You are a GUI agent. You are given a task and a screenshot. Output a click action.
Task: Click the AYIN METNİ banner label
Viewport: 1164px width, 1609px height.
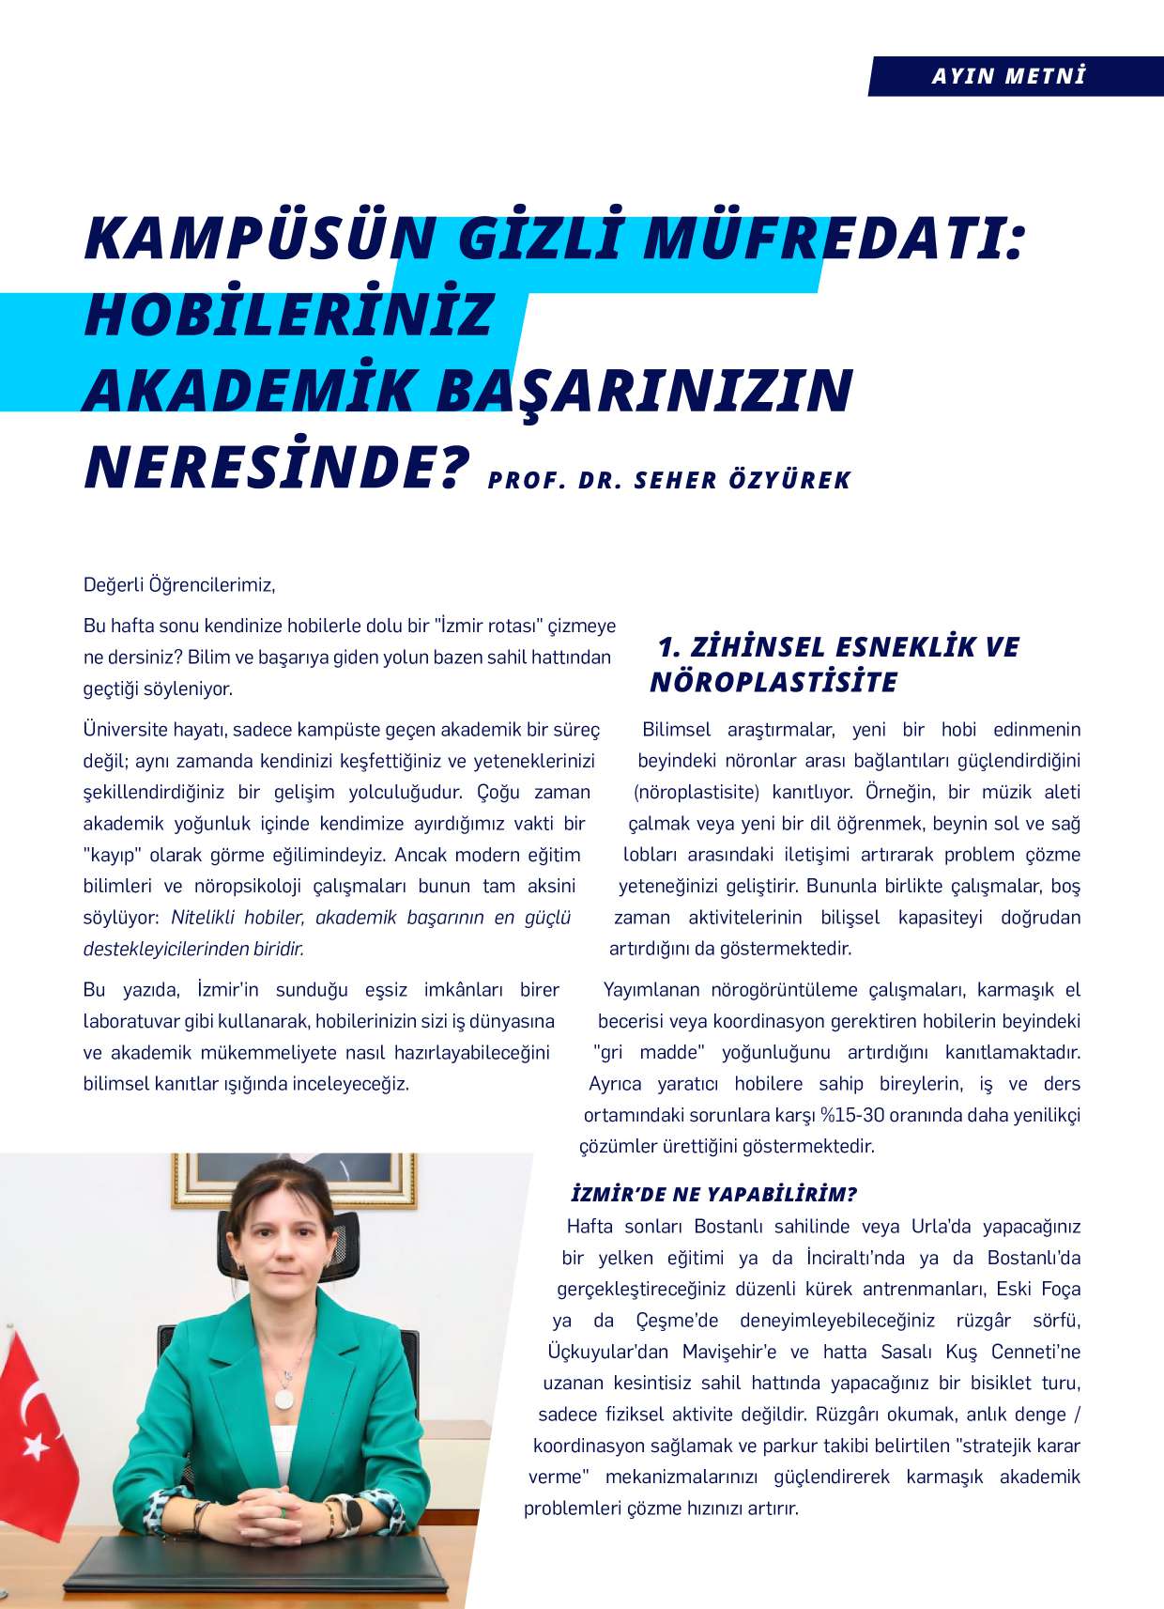pyautogui.click(x=1008, y=76)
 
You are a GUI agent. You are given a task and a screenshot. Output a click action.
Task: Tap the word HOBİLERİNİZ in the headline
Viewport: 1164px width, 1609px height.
pyautogui.click(x=288, y=315)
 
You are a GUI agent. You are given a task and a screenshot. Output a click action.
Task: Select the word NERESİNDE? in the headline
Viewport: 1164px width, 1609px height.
pyautogui.click(x=276, y=468)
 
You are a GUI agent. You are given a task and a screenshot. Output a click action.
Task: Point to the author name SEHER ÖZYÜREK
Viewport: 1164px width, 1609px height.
pyautogui.click(x=743, y=481)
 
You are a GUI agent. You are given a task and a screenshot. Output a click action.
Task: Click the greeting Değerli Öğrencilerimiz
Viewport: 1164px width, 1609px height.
pyautogui.click(x=179, y=585)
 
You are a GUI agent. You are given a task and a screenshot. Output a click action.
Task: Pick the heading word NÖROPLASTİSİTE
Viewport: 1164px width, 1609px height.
pyautogui.click(x=773, y=682)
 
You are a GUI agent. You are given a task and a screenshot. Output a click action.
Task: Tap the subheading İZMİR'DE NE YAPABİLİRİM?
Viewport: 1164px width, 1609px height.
pyautogui.click(x=713, y=1195)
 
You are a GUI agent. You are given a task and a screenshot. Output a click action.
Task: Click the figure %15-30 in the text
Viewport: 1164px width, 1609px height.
pyautogui.click(x=851, y=1115)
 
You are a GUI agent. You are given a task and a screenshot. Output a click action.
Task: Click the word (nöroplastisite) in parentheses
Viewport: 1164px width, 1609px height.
pyautogui.click(x=696, y=792)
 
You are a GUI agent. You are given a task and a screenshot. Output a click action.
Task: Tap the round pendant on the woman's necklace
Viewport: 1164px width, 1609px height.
pyautogui.click(x=283, y=1398)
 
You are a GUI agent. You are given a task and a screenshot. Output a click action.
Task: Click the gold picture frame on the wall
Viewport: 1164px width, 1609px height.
pyautogui.click(x=294, y=1180)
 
